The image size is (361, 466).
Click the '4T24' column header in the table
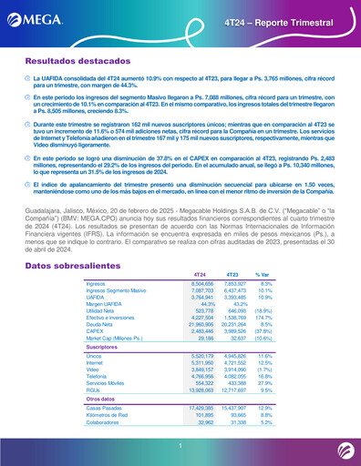coord(192,248)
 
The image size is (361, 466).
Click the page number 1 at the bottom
coord(180,444)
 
